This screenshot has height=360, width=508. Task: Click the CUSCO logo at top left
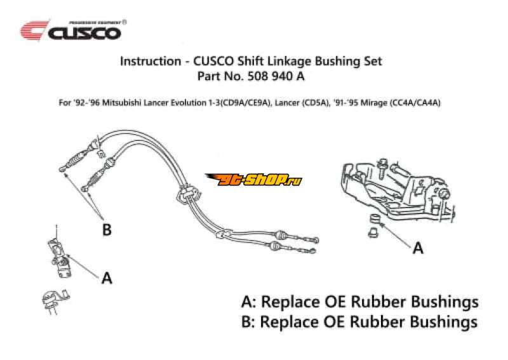point(70,30)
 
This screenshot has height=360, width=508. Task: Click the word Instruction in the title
point(148,62)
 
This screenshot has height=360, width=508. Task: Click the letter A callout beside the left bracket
point(107,277)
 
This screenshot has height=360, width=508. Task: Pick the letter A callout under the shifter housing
point(417,248)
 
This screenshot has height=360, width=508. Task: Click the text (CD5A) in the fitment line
point(316,103)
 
